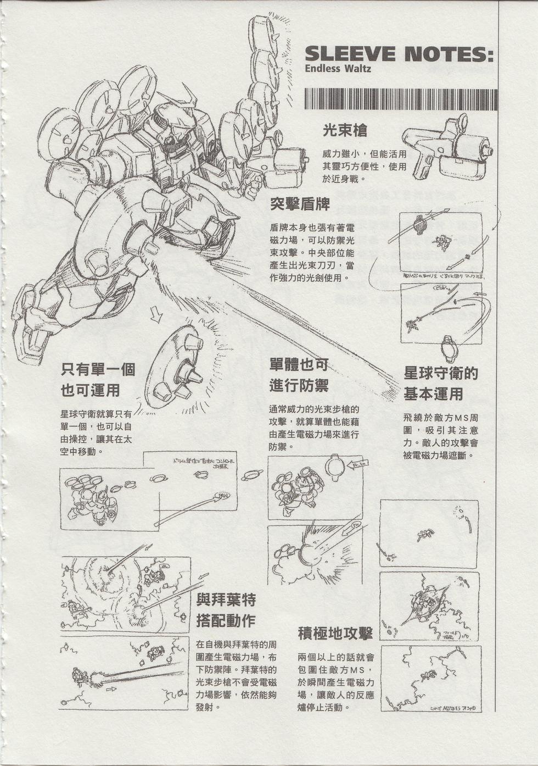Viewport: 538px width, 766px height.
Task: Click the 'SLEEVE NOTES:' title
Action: (x=399, y=54)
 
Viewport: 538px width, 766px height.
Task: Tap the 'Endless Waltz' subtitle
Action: (x=338, y=69)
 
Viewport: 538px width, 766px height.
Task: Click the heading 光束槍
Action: (x=345, y=131)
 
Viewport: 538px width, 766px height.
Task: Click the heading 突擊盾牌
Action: (x=300, y=204)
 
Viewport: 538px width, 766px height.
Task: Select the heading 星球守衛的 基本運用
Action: (x=441, y=384)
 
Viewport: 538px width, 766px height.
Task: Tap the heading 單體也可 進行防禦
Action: (x=299, y=375)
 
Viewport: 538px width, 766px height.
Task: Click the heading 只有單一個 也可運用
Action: (x=98, y=380)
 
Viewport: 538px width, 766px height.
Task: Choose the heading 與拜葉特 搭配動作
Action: (x=226, y=610)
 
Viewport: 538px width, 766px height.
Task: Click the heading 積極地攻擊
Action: (x=335, y=634)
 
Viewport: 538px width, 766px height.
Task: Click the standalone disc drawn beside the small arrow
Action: (x=173, y=368)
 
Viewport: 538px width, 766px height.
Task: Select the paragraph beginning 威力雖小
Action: (x=364, y=166)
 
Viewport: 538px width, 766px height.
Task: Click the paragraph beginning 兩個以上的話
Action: (x=336, y=682)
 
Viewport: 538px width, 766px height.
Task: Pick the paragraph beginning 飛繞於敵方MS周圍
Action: (x=440, y=436)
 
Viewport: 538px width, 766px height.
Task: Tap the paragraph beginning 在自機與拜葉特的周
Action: (x=236, y=675)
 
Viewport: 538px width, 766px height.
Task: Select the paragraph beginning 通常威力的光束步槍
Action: (x=314, y=428)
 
